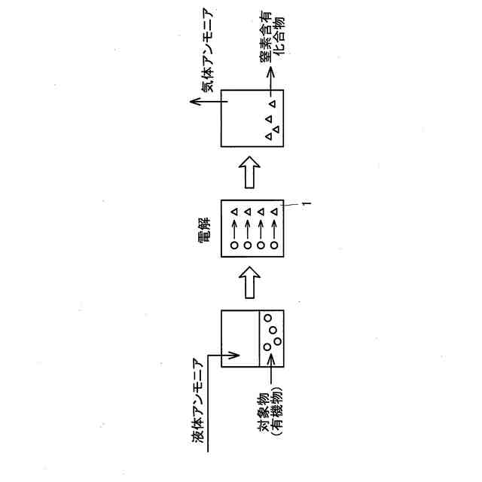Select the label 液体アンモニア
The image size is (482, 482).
pos(197,404)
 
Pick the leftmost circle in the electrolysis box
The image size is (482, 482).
pos(234,246)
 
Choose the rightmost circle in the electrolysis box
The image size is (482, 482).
pos(274,246)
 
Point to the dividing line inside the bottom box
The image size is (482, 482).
pos(258,339)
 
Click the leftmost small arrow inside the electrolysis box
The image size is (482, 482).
pos(234,228)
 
